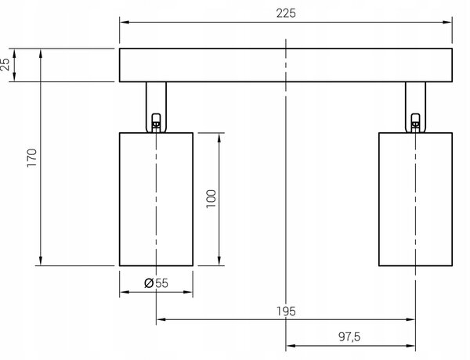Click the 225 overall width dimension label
286,13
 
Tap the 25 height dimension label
5,64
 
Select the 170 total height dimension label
32,158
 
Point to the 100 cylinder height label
211,199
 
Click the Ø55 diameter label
156,283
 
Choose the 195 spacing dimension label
286,311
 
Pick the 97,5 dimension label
349,337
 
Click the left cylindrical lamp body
156,199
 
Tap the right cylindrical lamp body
415,199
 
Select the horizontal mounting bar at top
286,65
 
